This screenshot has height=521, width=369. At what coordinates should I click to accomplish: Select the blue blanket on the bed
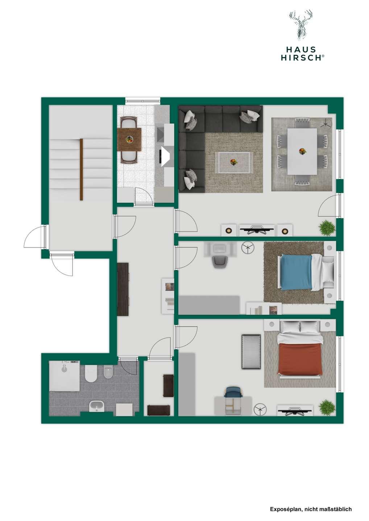click(296, 272)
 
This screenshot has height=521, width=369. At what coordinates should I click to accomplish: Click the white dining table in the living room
click(302, 151)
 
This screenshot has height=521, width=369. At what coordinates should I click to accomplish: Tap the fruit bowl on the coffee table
click(233, 161)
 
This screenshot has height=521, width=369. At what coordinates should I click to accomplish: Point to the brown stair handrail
click(81, 169)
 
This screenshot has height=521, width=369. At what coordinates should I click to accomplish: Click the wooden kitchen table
click(129, 139)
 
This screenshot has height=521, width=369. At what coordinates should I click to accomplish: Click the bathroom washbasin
click(97, 407)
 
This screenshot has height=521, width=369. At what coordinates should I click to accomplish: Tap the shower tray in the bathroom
click(64, 376)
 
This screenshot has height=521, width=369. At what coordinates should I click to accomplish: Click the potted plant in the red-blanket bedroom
click(327, 407)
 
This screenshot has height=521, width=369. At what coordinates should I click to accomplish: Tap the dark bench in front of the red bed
click(251, 352)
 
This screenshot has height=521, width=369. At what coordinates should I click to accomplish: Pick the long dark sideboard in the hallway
click(123, 289)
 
